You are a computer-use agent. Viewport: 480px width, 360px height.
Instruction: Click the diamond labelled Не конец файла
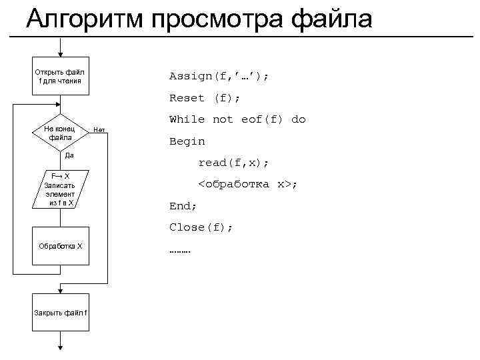60,132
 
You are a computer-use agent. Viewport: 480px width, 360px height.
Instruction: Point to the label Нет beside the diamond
99,129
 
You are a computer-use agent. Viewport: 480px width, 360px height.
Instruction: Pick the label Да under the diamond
69,155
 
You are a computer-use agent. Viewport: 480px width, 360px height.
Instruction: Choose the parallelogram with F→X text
61,189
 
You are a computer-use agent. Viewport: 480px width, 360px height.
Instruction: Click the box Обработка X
60,246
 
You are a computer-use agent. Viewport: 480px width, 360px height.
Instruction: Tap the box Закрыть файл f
60,313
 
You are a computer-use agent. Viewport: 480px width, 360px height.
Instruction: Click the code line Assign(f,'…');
219,76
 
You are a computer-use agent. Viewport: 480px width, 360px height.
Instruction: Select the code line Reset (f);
205,98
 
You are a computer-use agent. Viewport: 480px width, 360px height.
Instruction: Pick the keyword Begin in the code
187,141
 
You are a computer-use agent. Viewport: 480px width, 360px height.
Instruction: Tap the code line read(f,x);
233,163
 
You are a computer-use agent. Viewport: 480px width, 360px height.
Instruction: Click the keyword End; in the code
183,206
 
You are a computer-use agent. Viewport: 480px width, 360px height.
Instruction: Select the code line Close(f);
201,227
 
